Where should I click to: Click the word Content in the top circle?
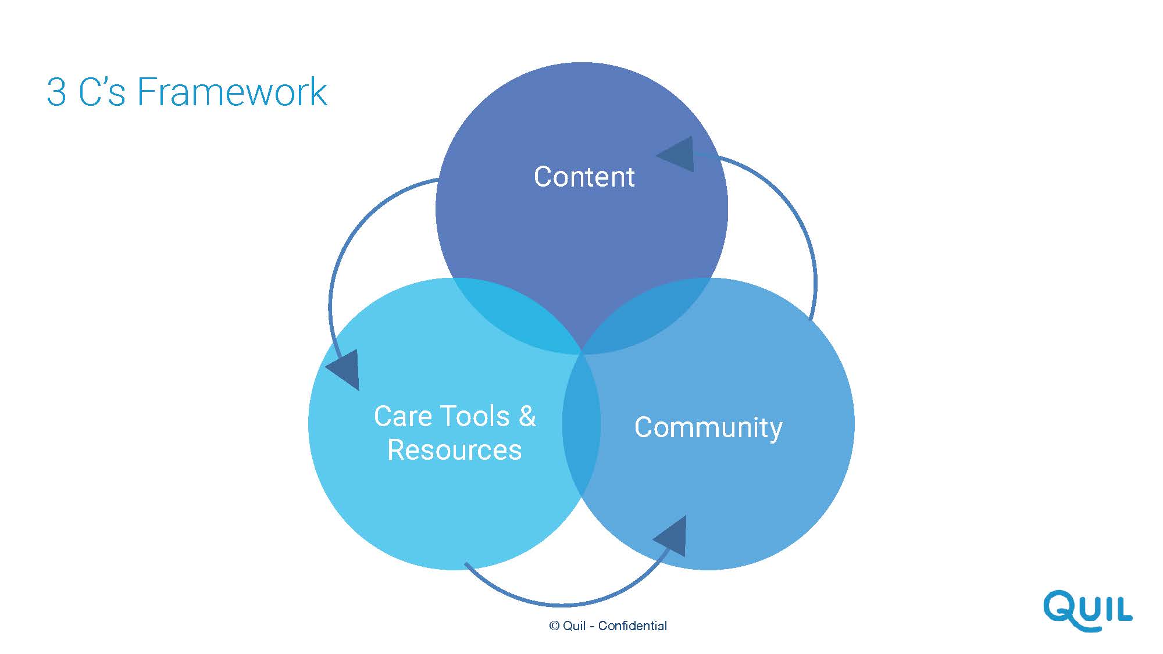(584, 177)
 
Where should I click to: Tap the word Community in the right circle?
(708, 428)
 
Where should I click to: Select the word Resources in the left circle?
(455, 450)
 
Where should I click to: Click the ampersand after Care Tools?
(527, 416)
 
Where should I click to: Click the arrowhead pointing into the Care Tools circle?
(343, 370)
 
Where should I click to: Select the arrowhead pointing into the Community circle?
(670, 536)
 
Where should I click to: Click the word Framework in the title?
(233, 92)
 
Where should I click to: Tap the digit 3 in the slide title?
(56, 92)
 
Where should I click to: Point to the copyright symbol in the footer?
(554, 626)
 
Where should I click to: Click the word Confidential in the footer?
(633, 626)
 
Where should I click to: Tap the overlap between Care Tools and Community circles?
(581, 424)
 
